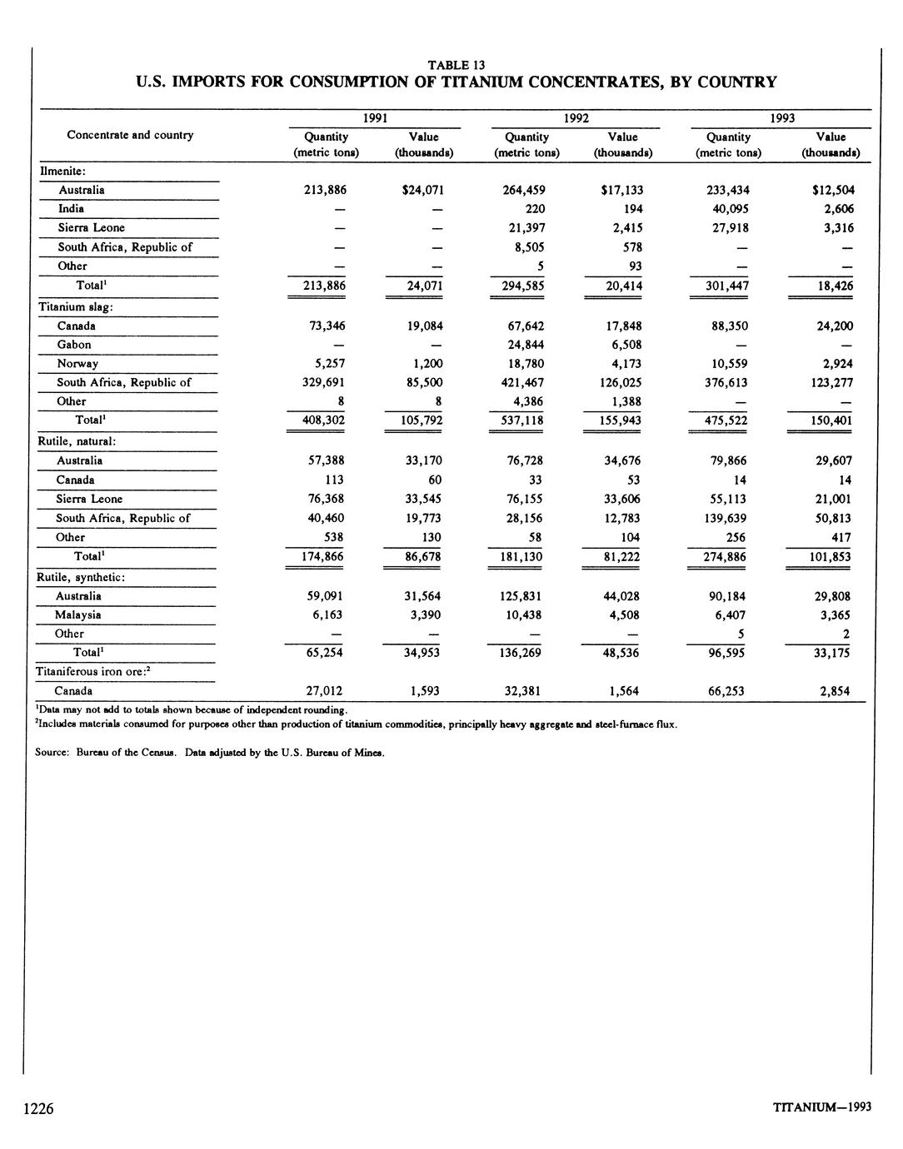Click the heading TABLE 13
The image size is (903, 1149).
click(456, 65)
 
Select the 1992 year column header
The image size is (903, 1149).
click(576, 118)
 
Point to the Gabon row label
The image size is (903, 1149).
click(74, 345)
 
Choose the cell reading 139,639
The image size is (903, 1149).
click(724, 518)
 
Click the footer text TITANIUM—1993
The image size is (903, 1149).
click(821, 1107)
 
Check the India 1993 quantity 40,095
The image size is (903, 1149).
click(727, 209)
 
